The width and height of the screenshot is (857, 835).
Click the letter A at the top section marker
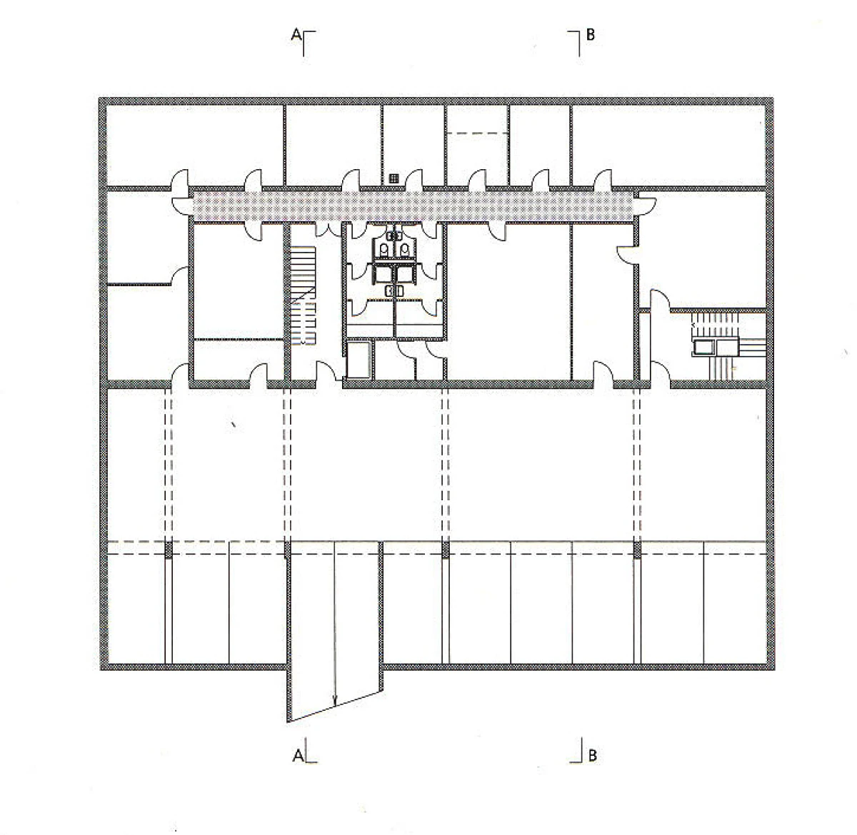(x=296, y=34)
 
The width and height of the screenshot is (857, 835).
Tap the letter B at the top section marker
(x=591, y=35)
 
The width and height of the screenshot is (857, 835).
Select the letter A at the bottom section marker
(x=298, y=755)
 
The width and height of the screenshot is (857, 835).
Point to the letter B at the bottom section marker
(x=592, y=755)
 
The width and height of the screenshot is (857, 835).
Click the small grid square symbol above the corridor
(x=394, y=178)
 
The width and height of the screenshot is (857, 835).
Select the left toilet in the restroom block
(x=384, y=250)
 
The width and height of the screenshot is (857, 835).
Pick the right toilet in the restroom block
(x=404, y=250)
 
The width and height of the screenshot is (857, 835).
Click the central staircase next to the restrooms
(x=303, y=295)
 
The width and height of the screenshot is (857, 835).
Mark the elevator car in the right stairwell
(x=703, y=348)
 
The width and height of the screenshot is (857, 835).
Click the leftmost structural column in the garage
(x=168, y=550)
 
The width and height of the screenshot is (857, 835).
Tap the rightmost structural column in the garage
(x=637, y=550)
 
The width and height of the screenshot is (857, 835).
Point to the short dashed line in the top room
(x=478, y=133)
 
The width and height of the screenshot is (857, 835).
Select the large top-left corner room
(x=194, y=146)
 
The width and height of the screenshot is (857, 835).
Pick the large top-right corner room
(x=668, y=146)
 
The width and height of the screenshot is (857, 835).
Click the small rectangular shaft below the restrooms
(x=359, y=360)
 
